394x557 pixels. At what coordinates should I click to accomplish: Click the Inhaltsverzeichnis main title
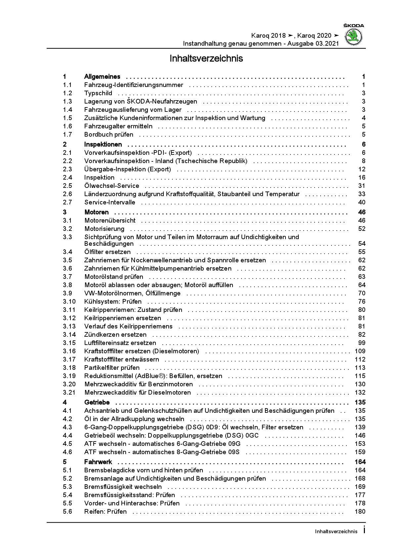(206, 59)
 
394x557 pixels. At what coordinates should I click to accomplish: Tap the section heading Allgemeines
(102, 77)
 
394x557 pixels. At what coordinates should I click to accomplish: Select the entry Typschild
(98, 93)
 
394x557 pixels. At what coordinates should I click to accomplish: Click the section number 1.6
(67, 126)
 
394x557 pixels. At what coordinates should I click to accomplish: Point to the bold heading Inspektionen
(103, 145)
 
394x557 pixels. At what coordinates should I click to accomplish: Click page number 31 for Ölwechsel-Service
(362, 186)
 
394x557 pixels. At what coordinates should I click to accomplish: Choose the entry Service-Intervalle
(110, 202)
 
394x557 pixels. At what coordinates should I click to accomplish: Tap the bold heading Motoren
(97, 212)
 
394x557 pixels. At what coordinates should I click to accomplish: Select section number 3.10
(69, 302)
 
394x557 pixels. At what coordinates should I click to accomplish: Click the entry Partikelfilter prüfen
(112, 368)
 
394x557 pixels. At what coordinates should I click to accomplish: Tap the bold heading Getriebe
(97, 403)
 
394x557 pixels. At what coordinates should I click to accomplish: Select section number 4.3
(67, 427)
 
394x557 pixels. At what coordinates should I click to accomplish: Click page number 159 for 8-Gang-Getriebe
(360, 452)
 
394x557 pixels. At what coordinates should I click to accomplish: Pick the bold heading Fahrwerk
(98, 462)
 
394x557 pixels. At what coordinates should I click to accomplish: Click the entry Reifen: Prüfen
(106, 512)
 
